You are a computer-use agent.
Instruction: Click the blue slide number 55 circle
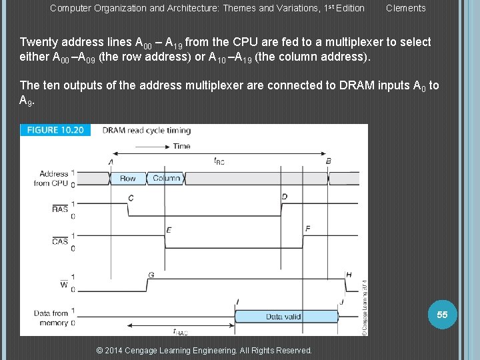pos(442,314)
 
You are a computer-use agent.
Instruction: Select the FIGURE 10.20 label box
pos(55,130)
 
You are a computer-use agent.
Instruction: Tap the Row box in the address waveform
pos(127,178)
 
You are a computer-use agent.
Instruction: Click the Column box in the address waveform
pos(166,178)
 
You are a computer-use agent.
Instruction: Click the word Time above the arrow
pos(181,146)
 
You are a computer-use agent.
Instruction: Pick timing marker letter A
pos(110,161)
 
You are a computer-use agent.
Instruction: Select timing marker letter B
pos(328,161)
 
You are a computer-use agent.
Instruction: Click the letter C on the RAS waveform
pos(131,197)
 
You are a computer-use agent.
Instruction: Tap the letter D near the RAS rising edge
pos(285,197)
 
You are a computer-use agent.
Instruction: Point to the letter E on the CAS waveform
pos(169,230)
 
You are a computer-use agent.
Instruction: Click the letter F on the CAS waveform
pos(307,229)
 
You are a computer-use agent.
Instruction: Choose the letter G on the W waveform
pos(151,275)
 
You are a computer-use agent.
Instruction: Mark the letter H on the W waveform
pos(349,275)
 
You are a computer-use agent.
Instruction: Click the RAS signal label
pos(59,209)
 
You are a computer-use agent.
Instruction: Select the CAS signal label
pos(59,241)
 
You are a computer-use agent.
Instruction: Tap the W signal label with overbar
pos(63,285)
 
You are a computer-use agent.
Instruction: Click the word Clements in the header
pos(405,8)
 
